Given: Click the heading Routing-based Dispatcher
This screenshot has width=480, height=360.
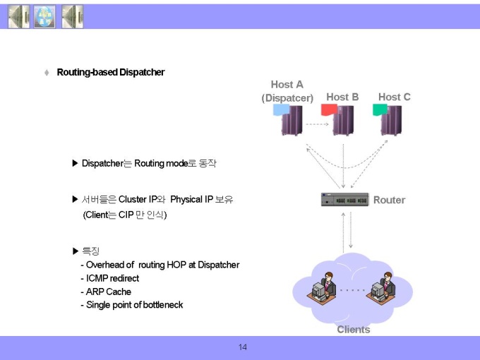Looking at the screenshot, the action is [x=111, y=72].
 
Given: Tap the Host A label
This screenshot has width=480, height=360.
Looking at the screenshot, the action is [x=287, y=85].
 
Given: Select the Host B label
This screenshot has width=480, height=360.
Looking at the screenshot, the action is [x=342, y=97].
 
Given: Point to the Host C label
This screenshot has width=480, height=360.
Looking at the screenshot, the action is [x=395, y=97].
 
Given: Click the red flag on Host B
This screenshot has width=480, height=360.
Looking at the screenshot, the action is [x=329, y=109].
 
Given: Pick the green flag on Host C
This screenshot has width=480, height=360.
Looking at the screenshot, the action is [x=380, y=109].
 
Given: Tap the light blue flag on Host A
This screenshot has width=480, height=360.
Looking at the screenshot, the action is [x=281, y=109].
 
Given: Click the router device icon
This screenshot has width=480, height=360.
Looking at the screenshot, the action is [x=344, y=200].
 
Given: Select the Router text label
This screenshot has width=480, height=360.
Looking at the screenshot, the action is [x=389, y=200].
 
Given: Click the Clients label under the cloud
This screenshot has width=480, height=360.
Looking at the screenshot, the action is [x=354, y=330].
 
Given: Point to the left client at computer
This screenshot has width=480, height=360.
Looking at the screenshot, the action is [x=321, y=287].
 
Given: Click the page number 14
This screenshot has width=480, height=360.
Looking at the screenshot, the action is [x=242, y=347].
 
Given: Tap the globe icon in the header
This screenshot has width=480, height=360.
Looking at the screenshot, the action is [x=44, y=17].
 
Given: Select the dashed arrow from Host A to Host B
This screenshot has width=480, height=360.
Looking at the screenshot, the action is [x=317, y=124].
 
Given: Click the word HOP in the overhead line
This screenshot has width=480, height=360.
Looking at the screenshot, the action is [x=176, y=265].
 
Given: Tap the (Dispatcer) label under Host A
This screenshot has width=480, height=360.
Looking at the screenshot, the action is [x=287, y=98].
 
